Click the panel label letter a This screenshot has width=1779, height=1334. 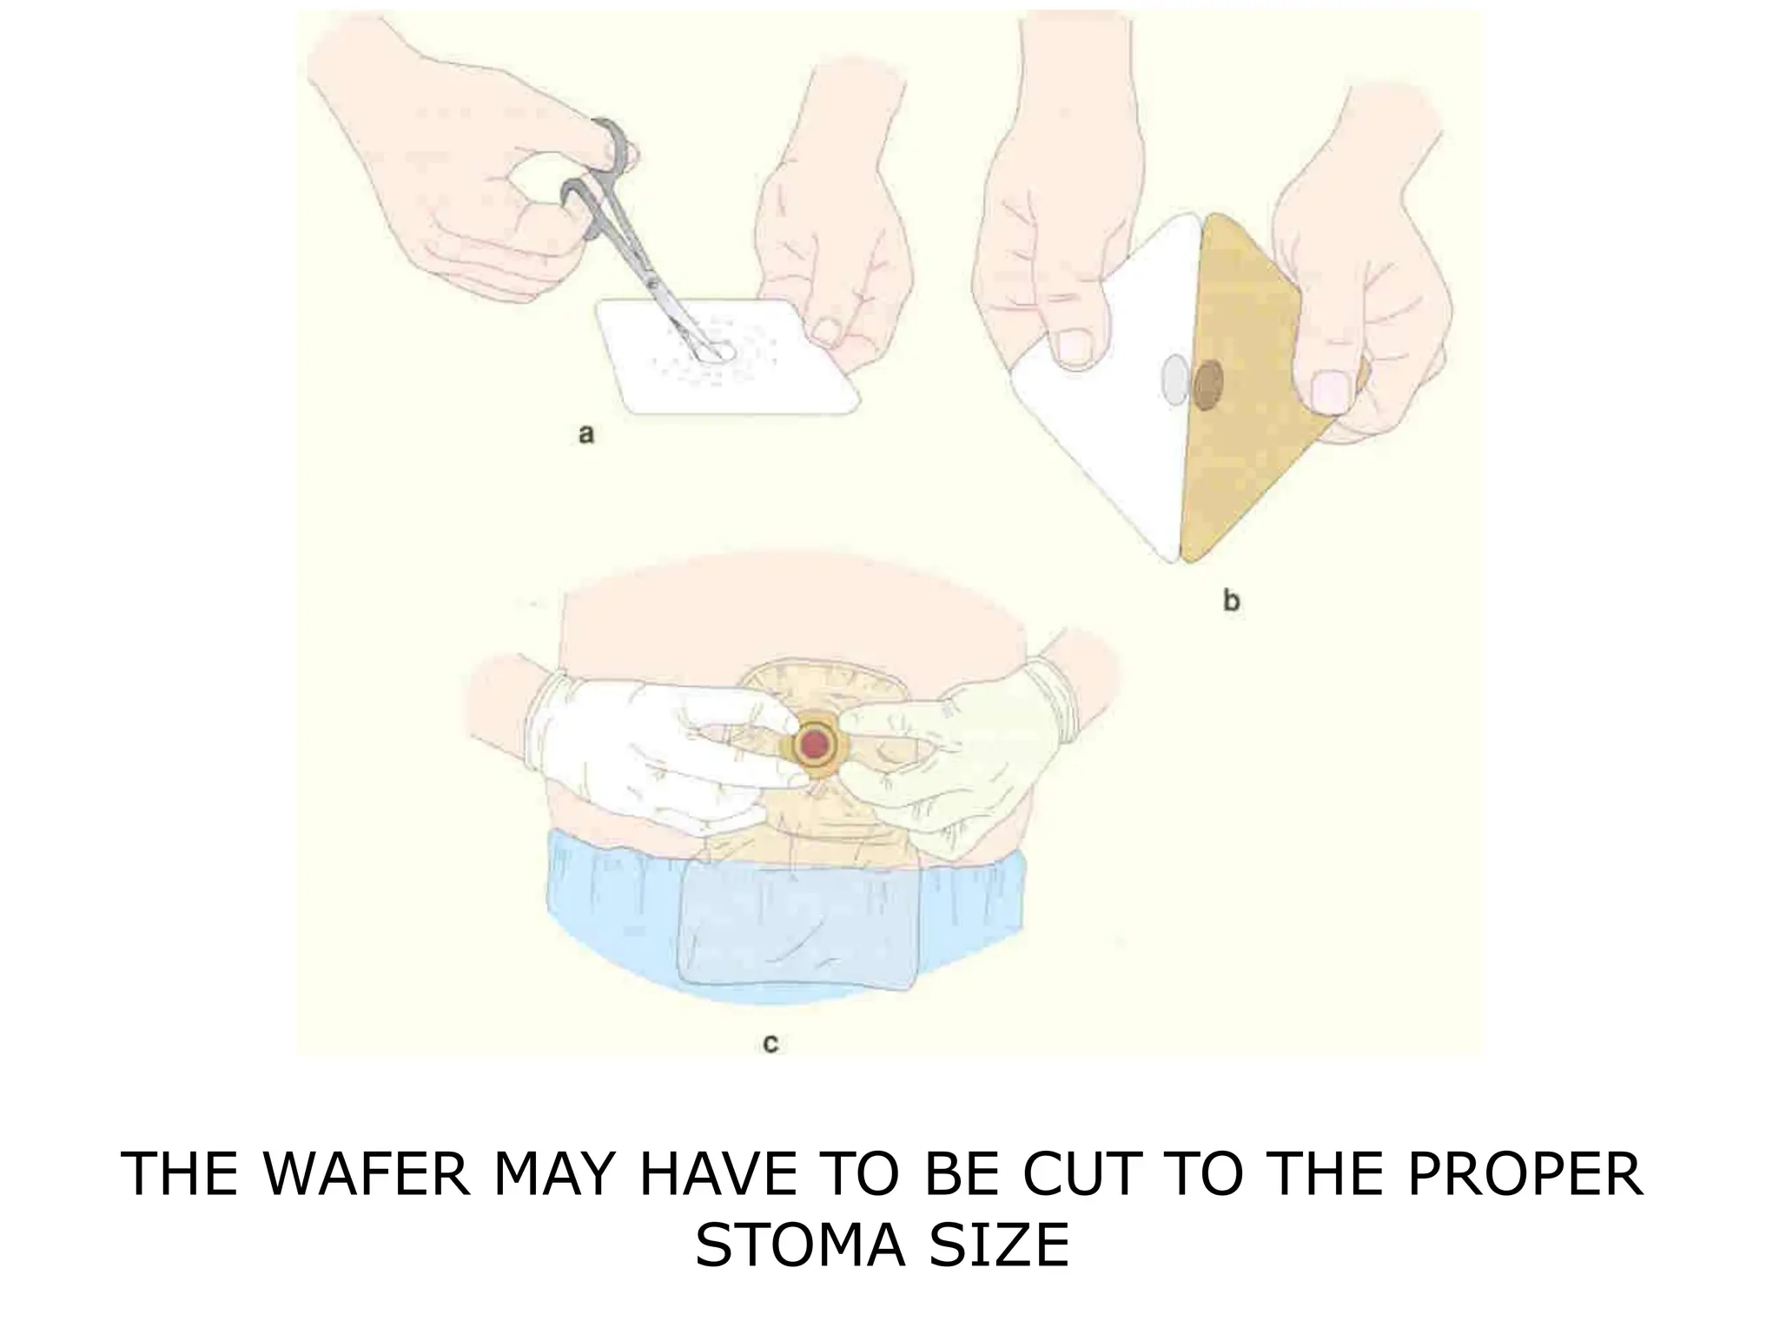(x=586, y=434)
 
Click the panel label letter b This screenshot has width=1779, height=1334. (x=1231, y=600)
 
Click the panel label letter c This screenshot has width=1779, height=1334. (x=770, y=1043)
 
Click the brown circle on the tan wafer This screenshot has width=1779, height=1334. (x=1208, y=386)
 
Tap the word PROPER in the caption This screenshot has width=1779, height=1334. (x=1525, y=1175)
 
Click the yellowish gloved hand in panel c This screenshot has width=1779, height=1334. (x=964, y=764)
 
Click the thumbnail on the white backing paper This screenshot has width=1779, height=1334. (x=1077, y=347)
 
